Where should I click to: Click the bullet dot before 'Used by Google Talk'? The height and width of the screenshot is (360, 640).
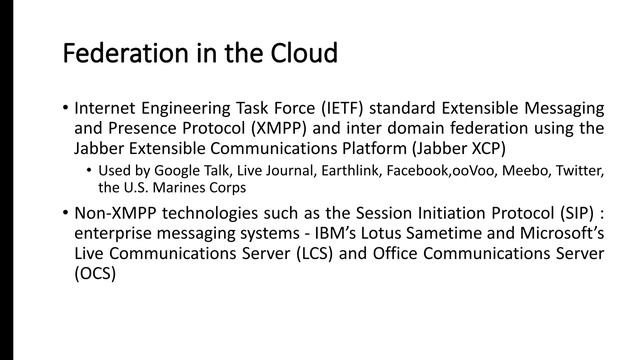[x=89, y=169]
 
